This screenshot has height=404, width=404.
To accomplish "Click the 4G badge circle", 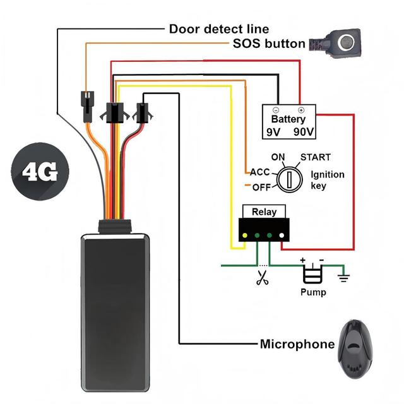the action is coord(40,171).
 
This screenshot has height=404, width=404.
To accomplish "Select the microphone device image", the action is coord(355,349).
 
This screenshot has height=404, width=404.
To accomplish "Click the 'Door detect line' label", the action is coord(219,29).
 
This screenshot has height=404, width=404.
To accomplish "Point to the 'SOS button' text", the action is coord(269,44).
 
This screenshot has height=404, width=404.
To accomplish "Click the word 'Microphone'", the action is coord(297,344).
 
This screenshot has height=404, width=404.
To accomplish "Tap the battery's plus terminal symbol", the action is coord(301,110).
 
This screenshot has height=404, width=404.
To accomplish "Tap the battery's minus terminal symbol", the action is coord(275,110).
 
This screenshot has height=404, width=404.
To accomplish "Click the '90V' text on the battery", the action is coord(304,132).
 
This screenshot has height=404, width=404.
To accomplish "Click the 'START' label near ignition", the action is coord(316,157).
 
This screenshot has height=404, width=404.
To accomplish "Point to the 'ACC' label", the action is coord(260,172).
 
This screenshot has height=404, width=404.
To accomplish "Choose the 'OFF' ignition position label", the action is coord(261,187).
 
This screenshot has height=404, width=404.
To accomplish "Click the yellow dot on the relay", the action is coord(245,235).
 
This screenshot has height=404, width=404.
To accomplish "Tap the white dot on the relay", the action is coord(282,235).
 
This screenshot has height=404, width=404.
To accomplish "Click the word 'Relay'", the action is coord(264,212).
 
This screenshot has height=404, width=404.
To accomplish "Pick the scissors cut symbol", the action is coord(263,278).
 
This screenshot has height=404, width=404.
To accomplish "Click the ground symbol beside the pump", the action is coord(343,278).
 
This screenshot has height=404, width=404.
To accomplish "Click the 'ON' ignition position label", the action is coord(278,157).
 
